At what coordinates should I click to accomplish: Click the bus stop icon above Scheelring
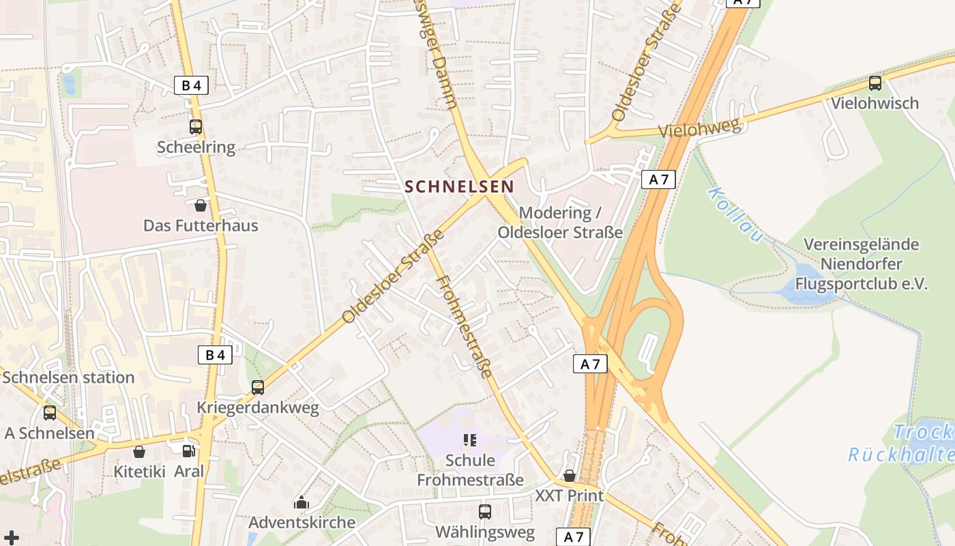click(x=196, y=126)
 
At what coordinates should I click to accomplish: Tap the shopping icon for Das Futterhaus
click(x=201, y=205)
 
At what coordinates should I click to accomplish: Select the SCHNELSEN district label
click(x=459, y=186)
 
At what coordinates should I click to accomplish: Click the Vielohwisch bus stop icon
click(x=875, y=83)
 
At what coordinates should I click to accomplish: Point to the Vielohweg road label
click(x=699, y=128)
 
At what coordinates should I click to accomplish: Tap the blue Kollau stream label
click(x=735, y=214)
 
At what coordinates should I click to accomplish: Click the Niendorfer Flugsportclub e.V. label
click(x=861, y=264)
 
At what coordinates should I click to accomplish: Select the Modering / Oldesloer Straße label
click(x=560, y=222)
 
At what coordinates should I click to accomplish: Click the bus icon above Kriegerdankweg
click(x=258, y=387)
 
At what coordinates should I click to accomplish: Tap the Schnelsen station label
click(x=69, y=377)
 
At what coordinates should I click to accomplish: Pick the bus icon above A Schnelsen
click(x=50, y=412)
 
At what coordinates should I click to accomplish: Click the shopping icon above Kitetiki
click(x=139, y=451)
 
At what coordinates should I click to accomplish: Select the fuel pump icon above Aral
click(x=188, y=450)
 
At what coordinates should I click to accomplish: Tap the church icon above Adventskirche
click(x=302, y=503)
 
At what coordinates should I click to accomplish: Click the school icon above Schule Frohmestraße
click(x=469, y=440)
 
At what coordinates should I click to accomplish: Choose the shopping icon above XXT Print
click(x=569, y=476)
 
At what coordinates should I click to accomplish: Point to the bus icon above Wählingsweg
click(x=485, y=511)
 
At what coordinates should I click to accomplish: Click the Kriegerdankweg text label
click(x=258, y=408)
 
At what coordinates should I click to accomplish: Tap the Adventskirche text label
click(x=302, y=522)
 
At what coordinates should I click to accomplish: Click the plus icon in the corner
click(x=11, y=537)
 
